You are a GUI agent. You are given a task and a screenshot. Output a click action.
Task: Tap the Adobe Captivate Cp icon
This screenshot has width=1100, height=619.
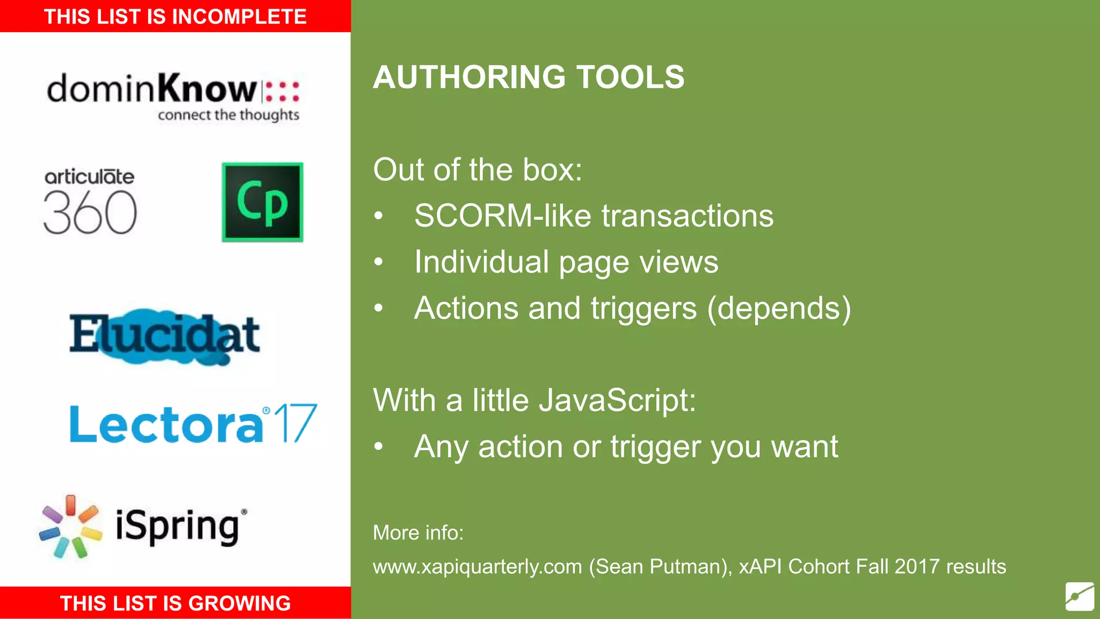(x=263, y=202)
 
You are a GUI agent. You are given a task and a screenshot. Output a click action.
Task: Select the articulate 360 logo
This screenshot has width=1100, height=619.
(x=90, y=203)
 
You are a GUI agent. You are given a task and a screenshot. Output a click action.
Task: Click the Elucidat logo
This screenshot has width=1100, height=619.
(x=164, y=336)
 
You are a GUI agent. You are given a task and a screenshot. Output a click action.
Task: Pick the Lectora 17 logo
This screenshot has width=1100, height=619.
(x=193, y=424)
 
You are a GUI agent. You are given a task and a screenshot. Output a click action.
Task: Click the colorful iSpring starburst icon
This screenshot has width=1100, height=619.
(x=70, y=527)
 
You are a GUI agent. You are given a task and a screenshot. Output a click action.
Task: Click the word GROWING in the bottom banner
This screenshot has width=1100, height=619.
(x=240, y=603)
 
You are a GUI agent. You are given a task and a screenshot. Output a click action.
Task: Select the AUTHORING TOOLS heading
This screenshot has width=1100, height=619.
(x=529, y=77)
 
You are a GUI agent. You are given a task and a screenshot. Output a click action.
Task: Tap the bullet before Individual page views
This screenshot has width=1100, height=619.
(x=379, y=262)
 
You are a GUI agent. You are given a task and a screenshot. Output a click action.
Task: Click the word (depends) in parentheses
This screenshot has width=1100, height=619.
(x=779, y=308)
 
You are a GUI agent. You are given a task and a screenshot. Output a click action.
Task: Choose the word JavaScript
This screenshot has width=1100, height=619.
(x=617, y=401)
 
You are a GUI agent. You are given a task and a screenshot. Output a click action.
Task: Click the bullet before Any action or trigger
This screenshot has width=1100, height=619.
(x=379, y=447)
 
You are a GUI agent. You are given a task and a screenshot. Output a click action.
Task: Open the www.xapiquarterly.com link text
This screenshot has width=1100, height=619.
(x=477, y=567)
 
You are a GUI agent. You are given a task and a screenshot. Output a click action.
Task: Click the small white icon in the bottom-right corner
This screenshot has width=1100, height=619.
(x=1080, y=596)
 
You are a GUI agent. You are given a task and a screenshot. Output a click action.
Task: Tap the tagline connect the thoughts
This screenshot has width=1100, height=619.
(x=228, y=115)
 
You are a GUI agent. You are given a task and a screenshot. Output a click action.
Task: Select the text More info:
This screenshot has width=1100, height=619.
(x=418, y=533)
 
